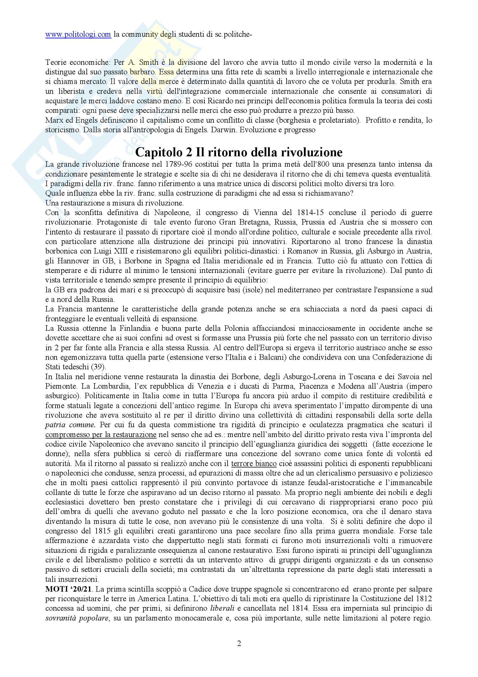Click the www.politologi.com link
[78, 34]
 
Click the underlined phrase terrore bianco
[254, 463]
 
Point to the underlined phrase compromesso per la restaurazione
[101, 435]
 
